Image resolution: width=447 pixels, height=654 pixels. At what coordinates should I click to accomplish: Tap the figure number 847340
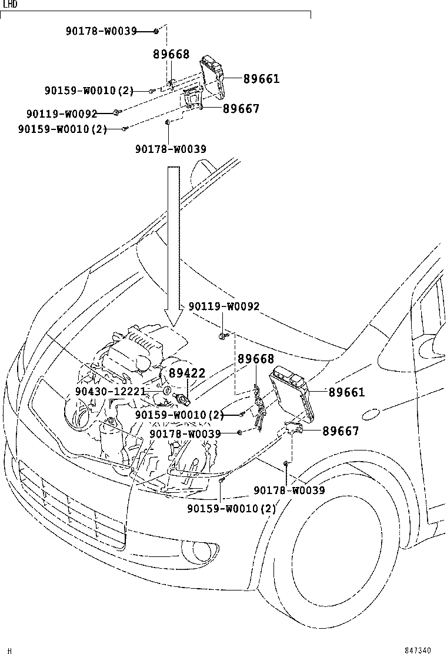[x=418, y=650]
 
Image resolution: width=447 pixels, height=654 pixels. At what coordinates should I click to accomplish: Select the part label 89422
[x=187, y=373]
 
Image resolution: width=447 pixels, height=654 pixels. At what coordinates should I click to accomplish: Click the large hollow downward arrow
[x=173, y=247]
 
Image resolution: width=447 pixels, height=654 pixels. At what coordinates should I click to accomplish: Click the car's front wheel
[x=335, y=559]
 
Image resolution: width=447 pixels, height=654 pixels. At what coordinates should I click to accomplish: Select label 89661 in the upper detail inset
[x=261, y=79]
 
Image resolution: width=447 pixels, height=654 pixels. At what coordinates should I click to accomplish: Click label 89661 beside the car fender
[x=346, y=392]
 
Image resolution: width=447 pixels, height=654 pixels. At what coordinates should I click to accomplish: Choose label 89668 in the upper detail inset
[x=171, y=55]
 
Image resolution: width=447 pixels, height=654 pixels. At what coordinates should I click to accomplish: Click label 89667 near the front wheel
[x=340, y=431]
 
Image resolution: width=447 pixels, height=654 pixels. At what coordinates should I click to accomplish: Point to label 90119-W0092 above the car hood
[x=223, y=306]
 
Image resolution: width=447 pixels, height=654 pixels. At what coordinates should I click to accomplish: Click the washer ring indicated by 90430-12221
[x=166, y=391]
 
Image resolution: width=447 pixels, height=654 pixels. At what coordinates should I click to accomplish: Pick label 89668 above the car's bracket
[x=256, y=359]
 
